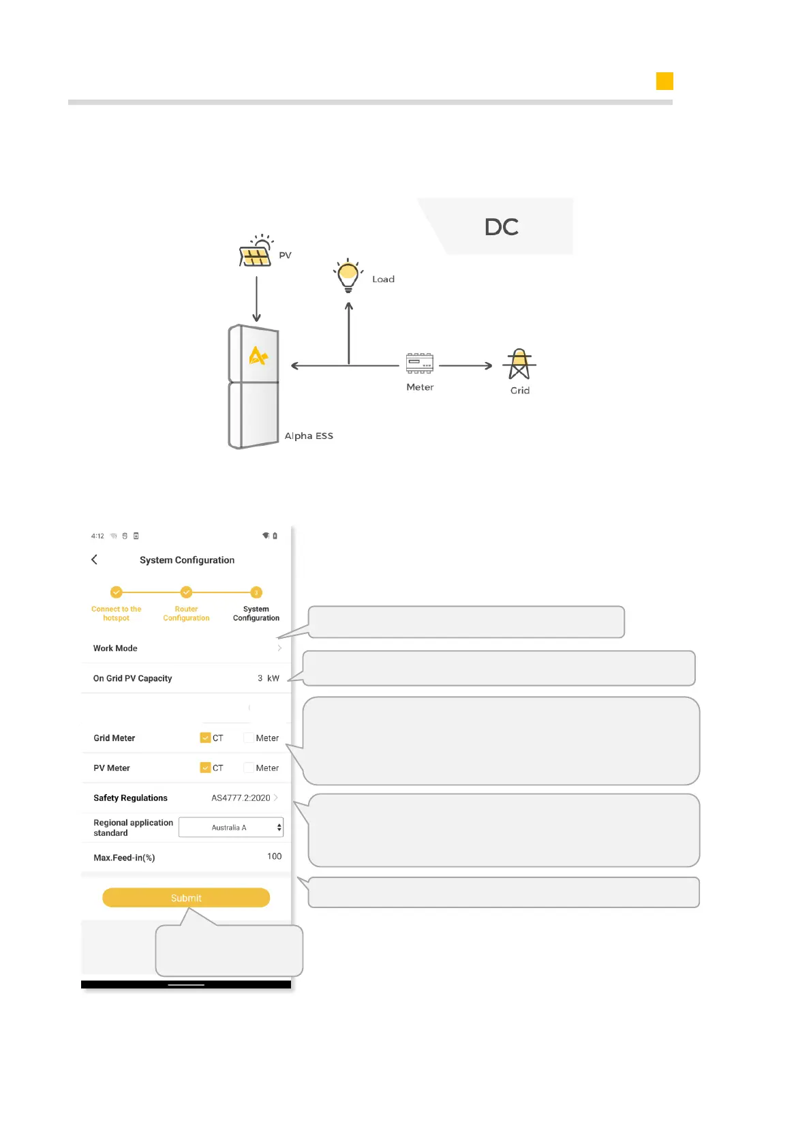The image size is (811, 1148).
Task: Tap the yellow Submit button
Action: (186, 897)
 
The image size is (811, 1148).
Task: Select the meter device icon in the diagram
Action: (419, 363)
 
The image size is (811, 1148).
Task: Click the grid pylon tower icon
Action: (519, 364)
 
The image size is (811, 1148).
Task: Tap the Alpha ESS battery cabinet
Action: (254, 386)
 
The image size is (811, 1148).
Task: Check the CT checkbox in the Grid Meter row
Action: (205, 738)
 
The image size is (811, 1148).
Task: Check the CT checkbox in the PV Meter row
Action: (205, 768)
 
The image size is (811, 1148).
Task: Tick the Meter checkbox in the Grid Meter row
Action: (249, 738)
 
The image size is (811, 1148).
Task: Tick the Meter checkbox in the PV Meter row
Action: (249, 768)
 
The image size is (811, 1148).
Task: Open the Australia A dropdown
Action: (231, 828)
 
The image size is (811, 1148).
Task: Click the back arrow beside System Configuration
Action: (95, 560)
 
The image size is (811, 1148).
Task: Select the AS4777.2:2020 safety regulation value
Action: (241, 798)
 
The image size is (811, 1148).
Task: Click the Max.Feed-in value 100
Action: (274, 856)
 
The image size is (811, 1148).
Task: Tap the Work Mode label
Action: (115, 648)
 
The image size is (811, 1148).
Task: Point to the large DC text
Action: (502, 227)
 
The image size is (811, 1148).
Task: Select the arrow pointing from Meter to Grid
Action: (465, 366)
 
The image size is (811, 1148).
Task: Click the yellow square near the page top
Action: (664, 81)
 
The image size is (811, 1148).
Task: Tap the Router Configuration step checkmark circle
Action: (186, 592)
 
